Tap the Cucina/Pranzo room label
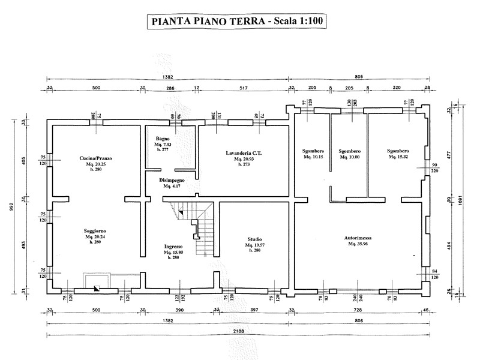(x=95, y=158)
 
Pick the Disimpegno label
(x=172, y=180)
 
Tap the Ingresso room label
(x=173, y=247)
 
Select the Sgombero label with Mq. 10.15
(x=313, y=151)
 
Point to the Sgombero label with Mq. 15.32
(x=398, y=151)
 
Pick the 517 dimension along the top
(x=244, y=88)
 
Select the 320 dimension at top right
(x=395, y=88)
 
